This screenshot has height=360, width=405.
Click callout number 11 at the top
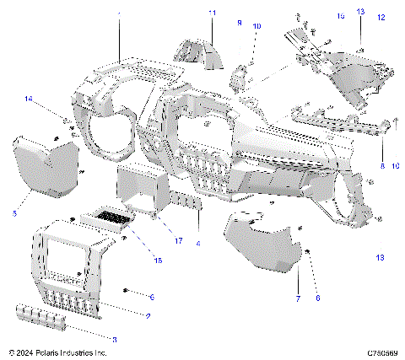click(x=212, y=13)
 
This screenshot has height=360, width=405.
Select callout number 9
click(x=239, y=24)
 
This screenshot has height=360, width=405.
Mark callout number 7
click(x=297, y=299)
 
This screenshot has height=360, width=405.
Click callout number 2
click(x=148, y=316)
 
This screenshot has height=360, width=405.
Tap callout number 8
click(x=381, y=167)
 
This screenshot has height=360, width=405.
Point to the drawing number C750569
click(x=382, y=352)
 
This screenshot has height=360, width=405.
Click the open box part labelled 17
click(x=137, y=191)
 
